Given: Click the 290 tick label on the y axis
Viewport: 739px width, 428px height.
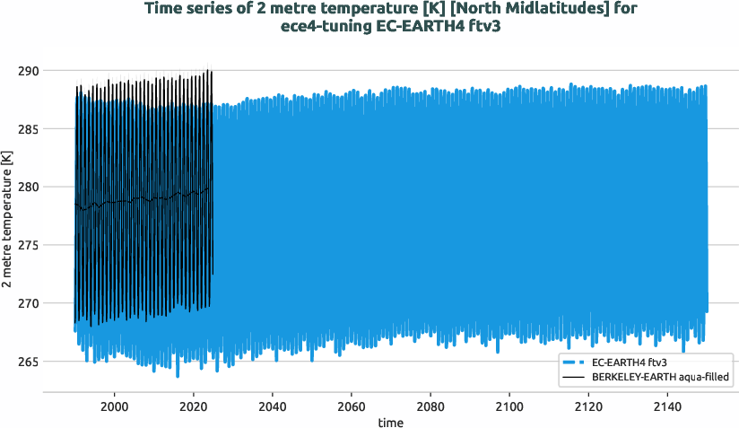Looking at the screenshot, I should click(x=42, y=71).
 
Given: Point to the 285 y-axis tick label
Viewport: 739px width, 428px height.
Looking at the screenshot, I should click(x=42, y=129).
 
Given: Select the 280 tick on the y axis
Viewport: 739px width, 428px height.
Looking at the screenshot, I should click(x=42, y=188).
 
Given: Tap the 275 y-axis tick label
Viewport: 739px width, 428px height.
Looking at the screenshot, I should click(x=42, y=246).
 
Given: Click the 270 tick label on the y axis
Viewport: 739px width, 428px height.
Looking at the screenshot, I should click(x=42, y=304).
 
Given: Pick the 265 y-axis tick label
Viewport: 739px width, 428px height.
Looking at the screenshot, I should click(x=42, y=362).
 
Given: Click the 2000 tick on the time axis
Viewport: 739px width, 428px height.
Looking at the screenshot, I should click(x=114, y=406).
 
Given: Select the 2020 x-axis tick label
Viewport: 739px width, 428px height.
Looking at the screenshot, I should click(x=193, y=406).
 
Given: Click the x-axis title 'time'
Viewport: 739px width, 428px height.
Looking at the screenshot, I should click(x=390, y=422).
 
